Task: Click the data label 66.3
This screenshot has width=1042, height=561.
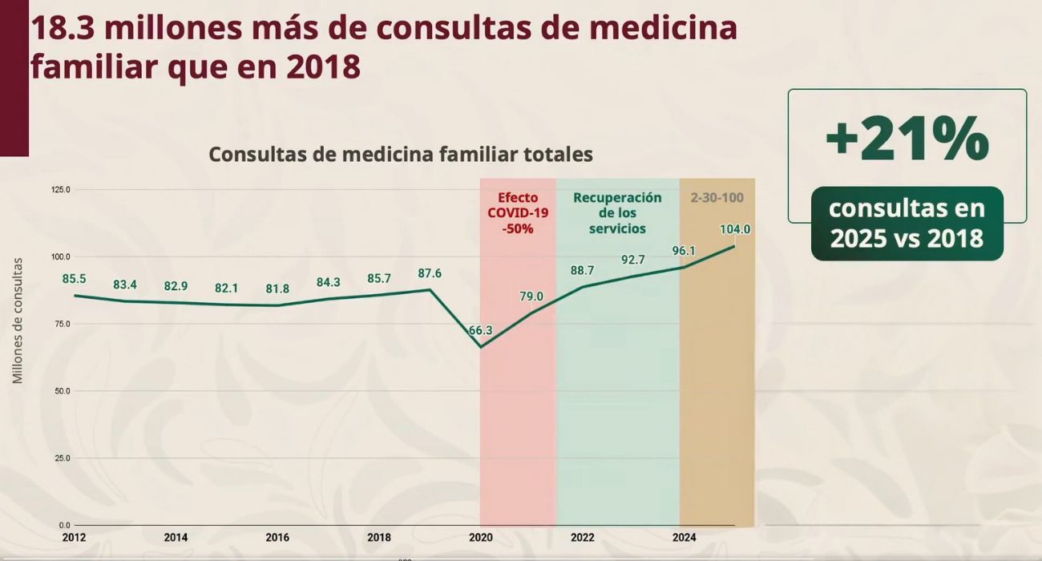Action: point(481,330)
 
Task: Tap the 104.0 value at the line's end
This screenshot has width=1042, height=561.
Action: point(734,229)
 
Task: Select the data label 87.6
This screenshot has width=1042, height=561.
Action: point(430,273)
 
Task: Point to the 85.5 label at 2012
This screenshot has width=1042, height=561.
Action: point(74,279)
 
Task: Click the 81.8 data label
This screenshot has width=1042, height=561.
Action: point(277,289)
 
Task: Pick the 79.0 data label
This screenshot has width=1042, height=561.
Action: point(531,297)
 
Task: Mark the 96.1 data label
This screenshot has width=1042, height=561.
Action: point(683,251)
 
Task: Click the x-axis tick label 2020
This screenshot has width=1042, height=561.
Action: point(481,538)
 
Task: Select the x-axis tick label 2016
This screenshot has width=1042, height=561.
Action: point(277,538)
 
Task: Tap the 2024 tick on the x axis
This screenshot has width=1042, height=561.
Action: point(684,538)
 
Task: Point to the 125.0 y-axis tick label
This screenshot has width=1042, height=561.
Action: point(61,190)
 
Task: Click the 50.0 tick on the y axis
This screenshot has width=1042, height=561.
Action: point(63,391)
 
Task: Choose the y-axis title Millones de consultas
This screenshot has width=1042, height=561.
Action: point(18,321)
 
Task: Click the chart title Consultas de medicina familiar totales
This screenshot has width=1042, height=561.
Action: point(401,154)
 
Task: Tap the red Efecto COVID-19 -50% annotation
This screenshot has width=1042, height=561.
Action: point(518,212)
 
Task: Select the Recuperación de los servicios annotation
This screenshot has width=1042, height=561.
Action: point(617,212)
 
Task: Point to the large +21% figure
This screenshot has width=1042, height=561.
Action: point(907,138)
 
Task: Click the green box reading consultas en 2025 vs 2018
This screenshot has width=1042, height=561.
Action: point(907,223)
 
